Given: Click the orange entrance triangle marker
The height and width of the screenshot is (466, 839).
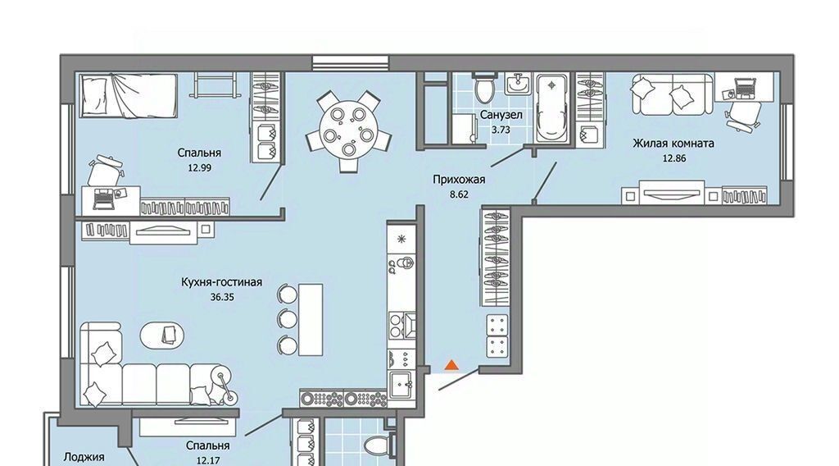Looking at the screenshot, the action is pyautogui.click(x=452, y=365).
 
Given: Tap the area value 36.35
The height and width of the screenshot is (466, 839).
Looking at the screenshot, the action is pyautogui.click(x=222, y=297).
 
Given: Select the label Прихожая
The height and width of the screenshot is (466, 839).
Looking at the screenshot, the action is pyautogui.click(x=459, y=180).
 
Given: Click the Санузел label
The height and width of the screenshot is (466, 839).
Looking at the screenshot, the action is pyautogui.click(x=501, y=115).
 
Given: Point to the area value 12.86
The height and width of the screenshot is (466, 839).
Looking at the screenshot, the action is pyautogui.click(x=673, y=158).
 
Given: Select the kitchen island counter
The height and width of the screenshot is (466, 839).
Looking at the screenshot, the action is pyautogui.click(x=311, y=320).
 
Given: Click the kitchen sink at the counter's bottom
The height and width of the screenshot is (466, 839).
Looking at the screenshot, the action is pyautogui.click(x=402, y=384).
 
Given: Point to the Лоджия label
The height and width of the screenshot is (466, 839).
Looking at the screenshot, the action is pyautogui.click(x=84, y=458).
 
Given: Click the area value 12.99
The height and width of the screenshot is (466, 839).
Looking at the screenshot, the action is pyautogui.click(x=200, y=167).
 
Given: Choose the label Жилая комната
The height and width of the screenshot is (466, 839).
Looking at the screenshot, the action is pyautogui.click(x=673, y=144).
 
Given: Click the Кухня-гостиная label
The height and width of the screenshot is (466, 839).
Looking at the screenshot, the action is pyautogui.click(x=221, y=282).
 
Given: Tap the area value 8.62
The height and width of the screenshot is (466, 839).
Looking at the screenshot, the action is pyautogui.click(x=459, y=195).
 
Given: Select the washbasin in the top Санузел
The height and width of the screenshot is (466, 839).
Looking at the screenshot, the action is pyautogui.click(x=518, y=84).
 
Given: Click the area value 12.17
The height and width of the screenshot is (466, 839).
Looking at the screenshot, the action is pyautogui.click(x=207, y=460).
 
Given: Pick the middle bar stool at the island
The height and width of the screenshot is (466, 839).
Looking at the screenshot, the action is pyautogui.click(x=287, y=319).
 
